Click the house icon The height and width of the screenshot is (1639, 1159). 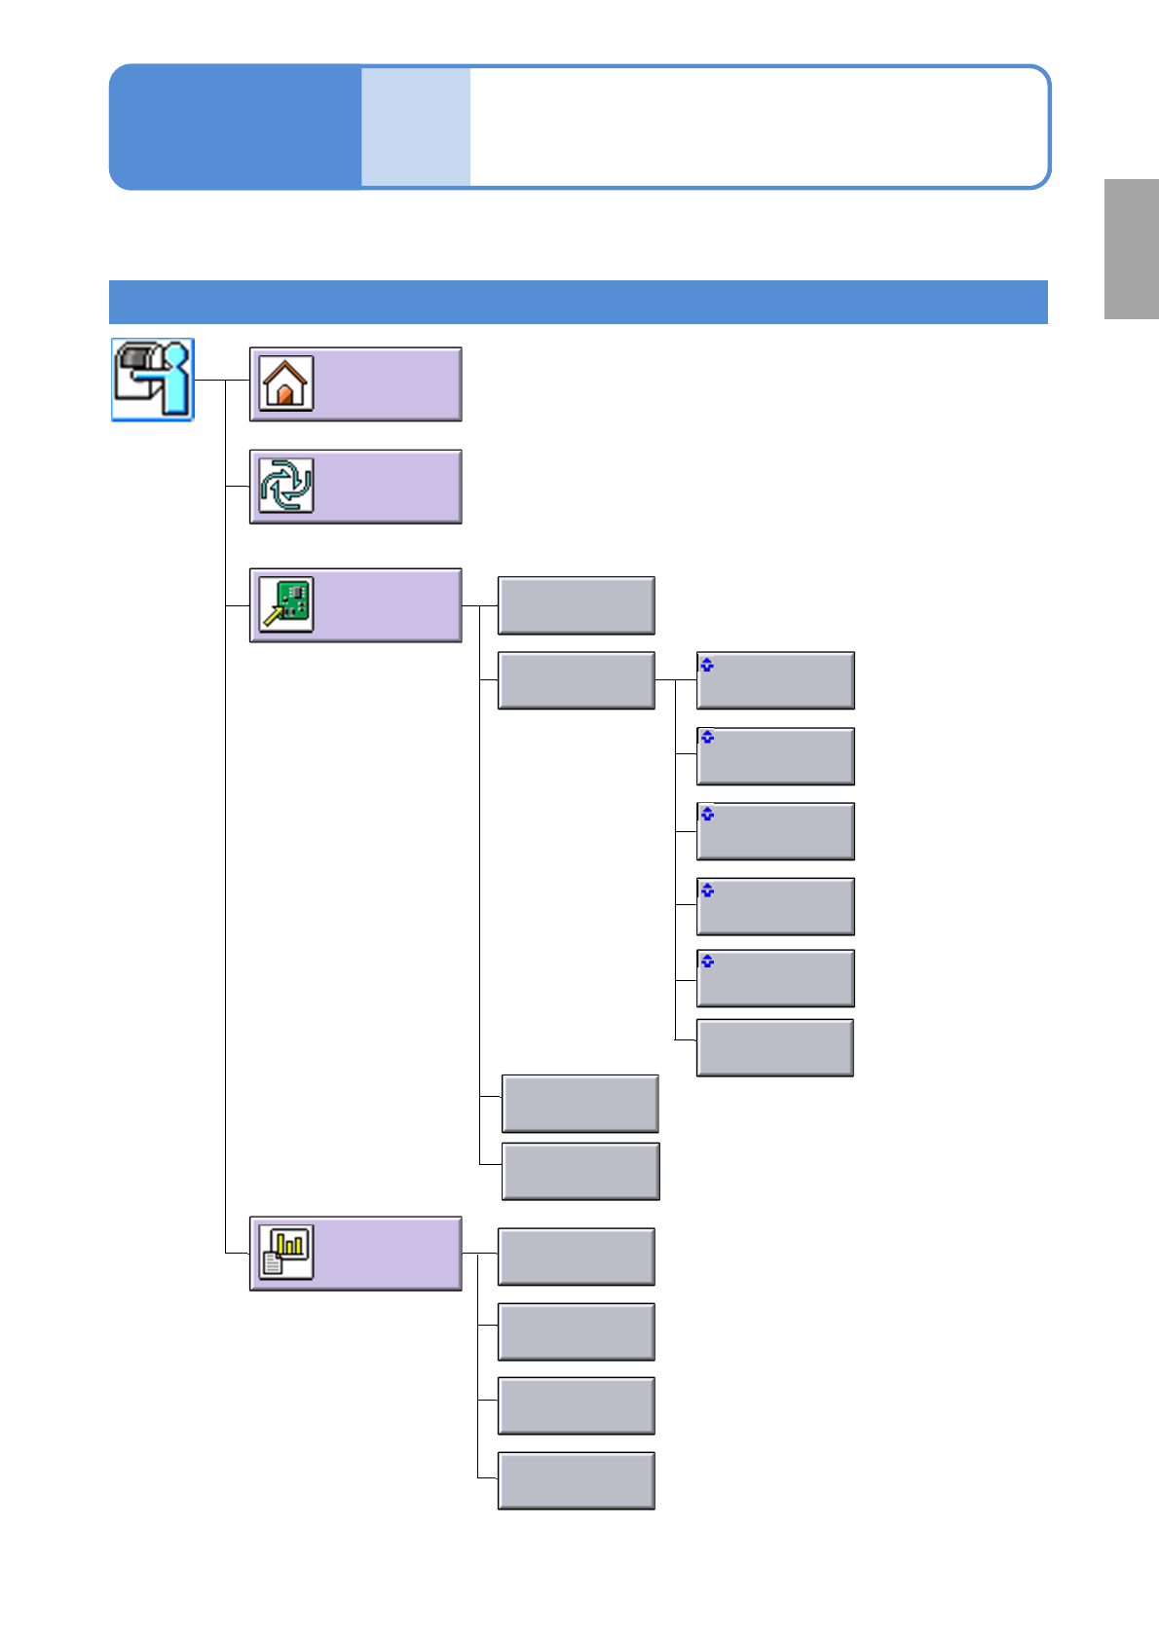pyautogui.click(x=285, y=383)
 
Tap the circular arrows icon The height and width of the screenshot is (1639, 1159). pyautogui.click(x=285, y=486)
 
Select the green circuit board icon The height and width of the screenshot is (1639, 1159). pyautogui.click(x=286, y=604)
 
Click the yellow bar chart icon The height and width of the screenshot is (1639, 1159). pyautogui.click(x=286, y=1252)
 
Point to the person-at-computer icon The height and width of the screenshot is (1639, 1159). pyautogui.click(x=153, y=380)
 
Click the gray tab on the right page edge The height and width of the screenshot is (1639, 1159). pyautogui.click(x=1131, y=249)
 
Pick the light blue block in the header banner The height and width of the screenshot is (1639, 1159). pyautogui.click(x=416, y=127)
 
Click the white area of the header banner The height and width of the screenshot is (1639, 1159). pyautogui.click(x=755, y=127)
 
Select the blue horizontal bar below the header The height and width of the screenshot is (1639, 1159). pyautogui.click(x=578, y=302)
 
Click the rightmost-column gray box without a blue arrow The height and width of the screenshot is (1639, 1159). pyautogui.click(x=775, y=1047)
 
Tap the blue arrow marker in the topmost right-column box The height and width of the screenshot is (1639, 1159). pyautogui.click(x=708, y=666)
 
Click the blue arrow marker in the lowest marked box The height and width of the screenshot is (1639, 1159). pyautogui.click(x=708, y=962)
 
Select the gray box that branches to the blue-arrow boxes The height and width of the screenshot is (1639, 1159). pyautogui.click(x=576, y=680)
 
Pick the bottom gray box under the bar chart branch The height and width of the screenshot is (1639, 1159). pyautogui.click(x=576, y=1480)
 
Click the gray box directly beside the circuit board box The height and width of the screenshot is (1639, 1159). pyautogui.click(x=576, y=604)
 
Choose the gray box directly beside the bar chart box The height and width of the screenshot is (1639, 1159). pyautogui.click(x=576, y=1257)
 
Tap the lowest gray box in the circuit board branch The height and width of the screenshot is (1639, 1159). pyautogui.click(x=580, y=1171)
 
